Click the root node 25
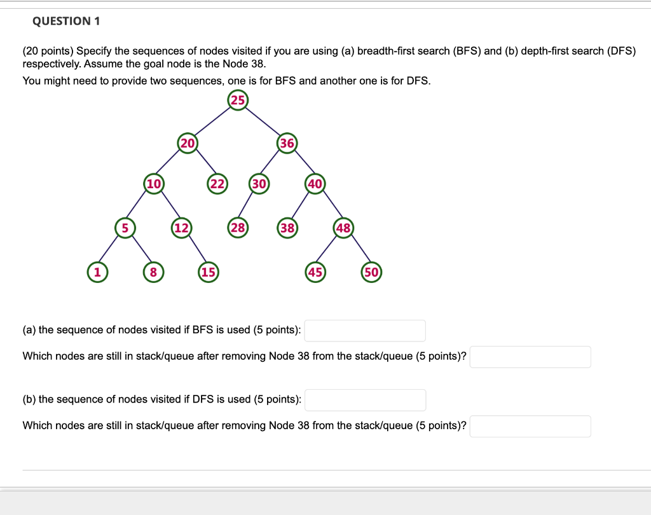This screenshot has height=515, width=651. point(237,100)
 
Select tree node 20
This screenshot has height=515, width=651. point(188,143)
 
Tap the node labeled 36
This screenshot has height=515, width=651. point(287,143)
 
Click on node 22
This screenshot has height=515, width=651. point(217,184)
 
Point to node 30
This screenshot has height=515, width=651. point(259,184)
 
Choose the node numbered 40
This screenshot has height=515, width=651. point(315,184)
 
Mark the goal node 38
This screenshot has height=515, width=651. point(287,228)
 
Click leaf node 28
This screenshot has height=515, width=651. point(238,228)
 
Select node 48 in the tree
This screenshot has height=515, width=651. point(343,228)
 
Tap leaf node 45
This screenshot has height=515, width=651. point(315,272)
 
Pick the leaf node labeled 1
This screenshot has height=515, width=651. point(97,272)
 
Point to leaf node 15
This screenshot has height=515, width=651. point(209,272)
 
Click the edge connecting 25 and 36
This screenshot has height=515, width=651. point(263,121)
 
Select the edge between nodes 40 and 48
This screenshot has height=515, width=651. point(329,206)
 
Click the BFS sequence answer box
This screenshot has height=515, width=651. point(365,331)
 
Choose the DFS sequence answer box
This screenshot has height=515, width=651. point(365,400)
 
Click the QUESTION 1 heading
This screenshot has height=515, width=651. point(66,22)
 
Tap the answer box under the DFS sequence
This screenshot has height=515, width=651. point(530,426)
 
